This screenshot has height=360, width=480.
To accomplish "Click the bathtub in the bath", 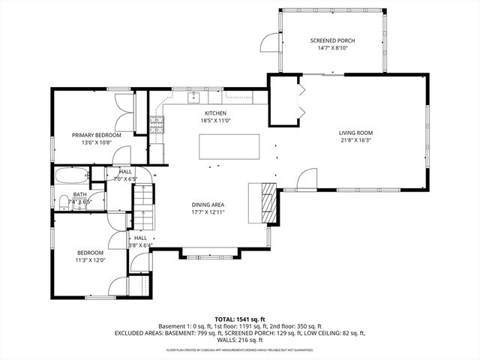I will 71,178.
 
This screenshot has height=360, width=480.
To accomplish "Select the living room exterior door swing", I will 307,180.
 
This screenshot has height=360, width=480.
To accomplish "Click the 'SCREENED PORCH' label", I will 333,40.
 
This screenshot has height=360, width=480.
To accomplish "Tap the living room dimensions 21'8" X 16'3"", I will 355,140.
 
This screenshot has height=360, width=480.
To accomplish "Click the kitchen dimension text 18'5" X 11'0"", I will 215,120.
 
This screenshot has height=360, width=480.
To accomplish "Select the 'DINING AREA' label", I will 208,205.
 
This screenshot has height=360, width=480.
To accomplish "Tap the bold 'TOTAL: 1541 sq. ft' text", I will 239,319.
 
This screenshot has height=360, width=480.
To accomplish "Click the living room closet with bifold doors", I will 285,101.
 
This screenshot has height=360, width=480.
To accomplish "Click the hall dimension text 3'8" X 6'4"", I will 140,245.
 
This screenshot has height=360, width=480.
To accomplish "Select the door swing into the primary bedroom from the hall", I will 120,155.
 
